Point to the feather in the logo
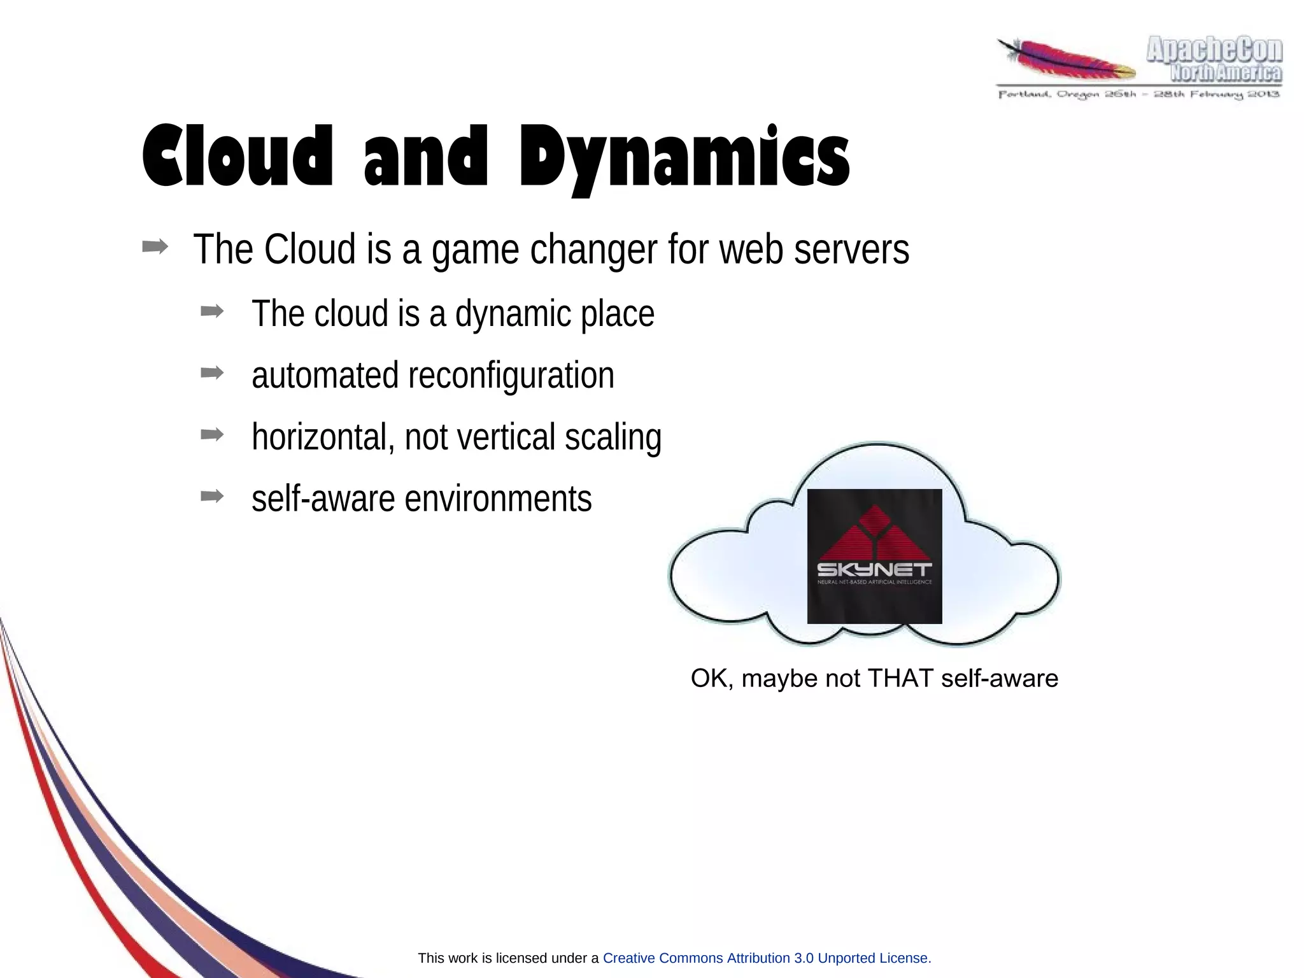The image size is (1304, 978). pyautogui.click(x=1067, y=60)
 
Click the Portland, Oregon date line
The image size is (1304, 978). pyautogui.click(x=1138, y=94)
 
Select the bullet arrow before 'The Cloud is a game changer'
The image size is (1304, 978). pyautogui.click(x=155, y=247)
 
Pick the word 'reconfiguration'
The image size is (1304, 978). pyautogui.click(x=511, y=376)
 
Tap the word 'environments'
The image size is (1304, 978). pyautogui.click(x=498, y=499)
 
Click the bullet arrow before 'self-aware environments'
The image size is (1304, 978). pyautogui.click(x=211, y=496)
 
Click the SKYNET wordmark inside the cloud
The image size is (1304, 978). pyautogui.click(x=874, y=569)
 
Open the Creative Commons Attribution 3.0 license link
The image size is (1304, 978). pyautogui.click(x=765, y=958)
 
